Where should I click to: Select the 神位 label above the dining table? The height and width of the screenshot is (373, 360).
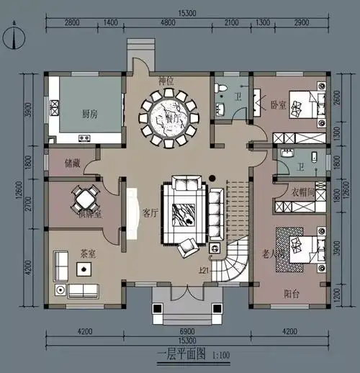coord(166,81)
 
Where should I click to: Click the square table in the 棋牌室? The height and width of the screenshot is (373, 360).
coord(86,197)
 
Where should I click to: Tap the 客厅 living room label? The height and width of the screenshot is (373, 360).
coord(150,213)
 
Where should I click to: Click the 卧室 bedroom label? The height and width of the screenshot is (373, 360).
coord(279,104)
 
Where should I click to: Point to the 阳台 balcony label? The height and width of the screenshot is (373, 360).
coord(292,293)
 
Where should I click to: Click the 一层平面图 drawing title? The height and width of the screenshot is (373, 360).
coord(181,355)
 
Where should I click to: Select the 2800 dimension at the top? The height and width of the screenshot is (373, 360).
coord(72,23)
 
